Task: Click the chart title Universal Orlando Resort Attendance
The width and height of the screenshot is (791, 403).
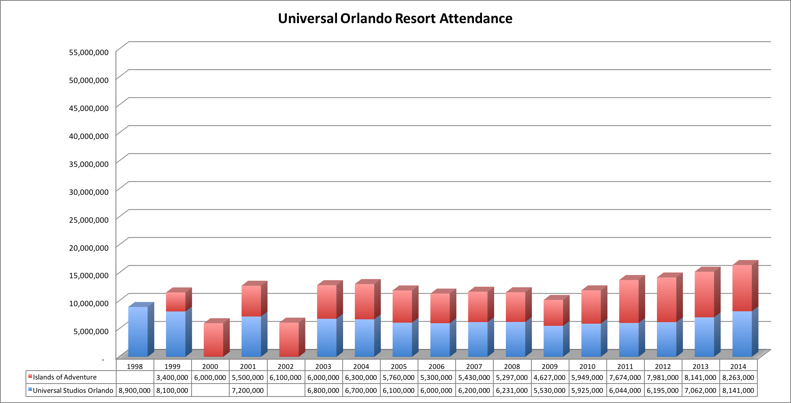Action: (x=395, y=19)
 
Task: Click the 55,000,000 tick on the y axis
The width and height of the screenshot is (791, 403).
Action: (x=89, y=52)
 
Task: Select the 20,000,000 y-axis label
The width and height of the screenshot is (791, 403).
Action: (x=89, y=247)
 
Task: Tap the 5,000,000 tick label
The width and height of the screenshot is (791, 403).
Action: (x=91, y=331)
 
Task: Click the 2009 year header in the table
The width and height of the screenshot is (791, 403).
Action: (x=550, y=367)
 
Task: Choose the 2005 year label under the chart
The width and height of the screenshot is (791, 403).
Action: (x=399, y=367)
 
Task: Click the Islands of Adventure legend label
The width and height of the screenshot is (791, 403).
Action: (x=65, y=377)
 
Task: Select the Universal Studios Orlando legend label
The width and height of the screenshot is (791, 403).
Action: (x=73, y=390)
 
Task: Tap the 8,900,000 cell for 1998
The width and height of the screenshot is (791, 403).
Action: (x=134, y=390)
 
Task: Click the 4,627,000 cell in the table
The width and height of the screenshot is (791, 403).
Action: (x=550, y=377)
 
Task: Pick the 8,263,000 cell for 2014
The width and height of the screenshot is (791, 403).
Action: (x=738, y=377)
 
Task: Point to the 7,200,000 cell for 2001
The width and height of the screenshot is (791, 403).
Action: (x=248, y=390)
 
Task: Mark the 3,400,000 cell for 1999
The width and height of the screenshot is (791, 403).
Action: (x=172, y=377)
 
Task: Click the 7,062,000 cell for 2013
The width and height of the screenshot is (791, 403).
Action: (x=700, y=390)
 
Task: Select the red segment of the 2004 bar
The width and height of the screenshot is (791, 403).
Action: (x=365, y=301)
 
